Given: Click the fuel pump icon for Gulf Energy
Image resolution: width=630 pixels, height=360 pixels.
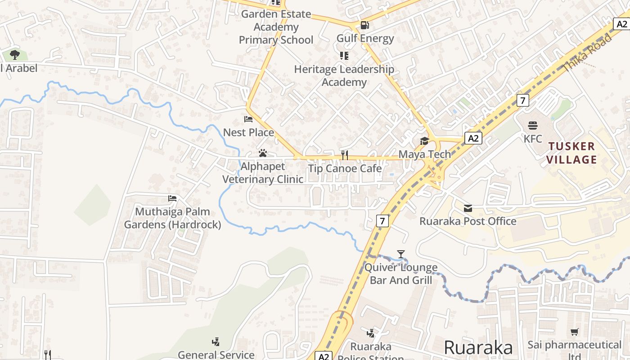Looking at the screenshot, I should click(364, 25).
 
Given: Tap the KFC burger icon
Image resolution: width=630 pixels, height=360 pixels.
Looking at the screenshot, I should click(533, 125).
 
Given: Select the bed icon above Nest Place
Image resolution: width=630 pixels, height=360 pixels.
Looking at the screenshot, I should click(248, 119).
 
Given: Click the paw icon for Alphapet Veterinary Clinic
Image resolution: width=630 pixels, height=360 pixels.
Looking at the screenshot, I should click(263, 153).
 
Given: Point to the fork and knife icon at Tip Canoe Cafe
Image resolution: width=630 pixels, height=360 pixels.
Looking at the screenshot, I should click(345, 155).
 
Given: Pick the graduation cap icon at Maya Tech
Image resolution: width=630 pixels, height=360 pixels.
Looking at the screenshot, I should click(424, 141).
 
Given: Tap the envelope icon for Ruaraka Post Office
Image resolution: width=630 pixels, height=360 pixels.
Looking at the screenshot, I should click(468, 208).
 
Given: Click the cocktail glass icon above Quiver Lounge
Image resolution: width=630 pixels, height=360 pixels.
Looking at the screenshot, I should click(400, 254).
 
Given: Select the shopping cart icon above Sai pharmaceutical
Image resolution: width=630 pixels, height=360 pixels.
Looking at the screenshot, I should click(574, 332).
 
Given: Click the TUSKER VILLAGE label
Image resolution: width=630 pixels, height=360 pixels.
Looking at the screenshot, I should click(572, 153).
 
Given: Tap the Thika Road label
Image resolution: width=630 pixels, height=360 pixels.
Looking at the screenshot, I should click(588, 53).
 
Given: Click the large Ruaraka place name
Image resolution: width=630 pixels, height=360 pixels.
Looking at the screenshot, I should click(478, 348).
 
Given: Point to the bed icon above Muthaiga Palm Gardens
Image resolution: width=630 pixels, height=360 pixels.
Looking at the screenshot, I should click(172, 198).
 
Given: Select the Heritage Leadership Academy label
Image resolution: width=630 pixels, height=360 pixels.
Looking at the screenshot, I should click(344, 76).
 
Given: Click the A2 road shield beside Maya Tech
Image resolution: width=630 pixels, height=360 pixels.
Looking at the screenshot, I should click(473, 138).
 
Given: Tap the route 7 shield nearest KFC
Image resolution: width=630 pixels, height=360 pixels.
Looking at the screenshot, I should click(522, 100).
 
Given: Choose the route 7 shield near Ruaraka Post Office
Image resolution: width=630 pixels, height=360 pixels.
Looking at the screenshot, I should click(382, 220).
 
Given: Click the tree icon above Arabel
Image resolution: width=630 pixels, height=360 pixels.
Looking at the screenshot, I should click(14, 55).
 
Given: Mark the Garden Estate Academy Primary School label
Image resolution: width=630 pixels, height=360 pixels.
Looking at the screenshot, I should click(276, 27).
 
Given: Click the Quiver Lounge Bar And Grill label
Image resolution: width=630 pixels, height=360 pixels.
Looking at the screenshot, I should click(400, 274).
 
